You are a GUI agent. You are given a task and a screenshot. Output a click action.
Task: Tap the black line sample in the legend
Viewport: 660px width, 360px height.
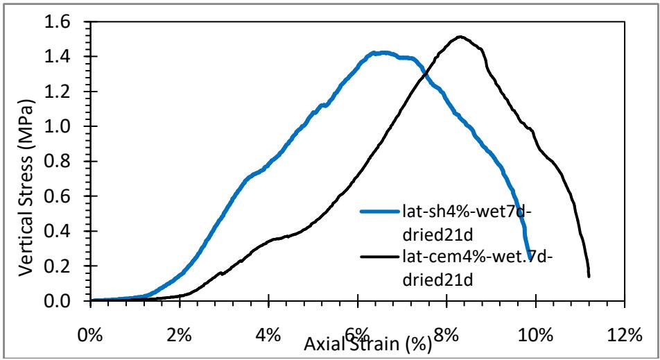[x=380, y=257]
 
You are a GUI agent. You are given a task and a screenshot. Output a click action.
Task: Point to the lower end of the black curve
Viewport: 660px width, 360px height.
[x=589, y=276]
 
